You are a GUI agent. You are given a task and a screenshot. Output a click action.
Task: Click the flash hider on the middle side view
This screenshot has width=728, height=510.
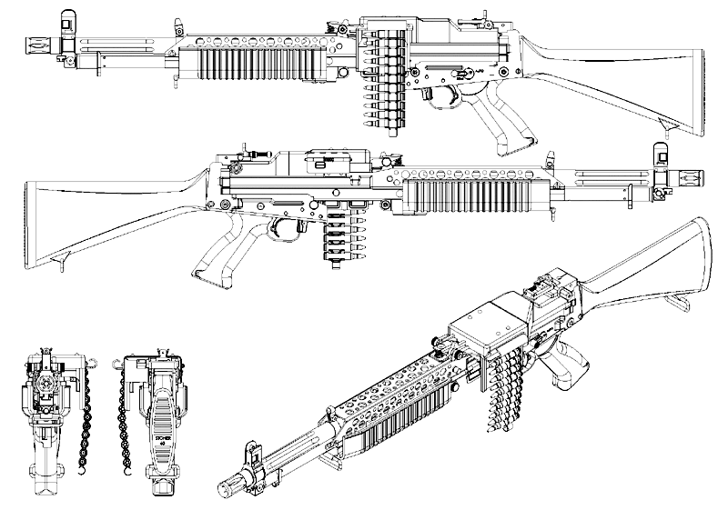click(x=686, y=175)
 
